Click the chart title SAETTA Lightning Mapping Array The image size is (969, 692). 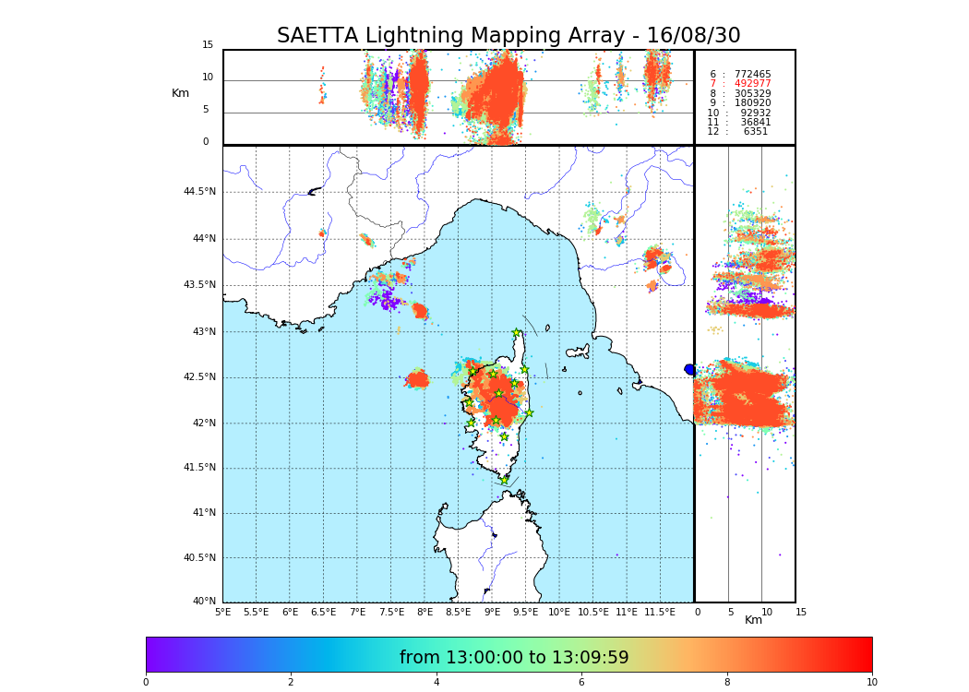point(508,36)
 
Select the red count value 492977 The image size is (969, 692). point(752,84)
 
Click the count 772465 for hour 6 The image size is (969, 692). point(752,75)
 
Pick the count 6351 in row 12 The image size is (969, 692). point(755,132)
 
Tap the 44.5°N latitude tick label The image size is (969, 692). point(198,192)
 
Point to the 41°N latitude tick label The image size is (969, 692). point(201,513)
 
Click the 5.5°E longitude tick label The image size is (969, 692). point(256,612)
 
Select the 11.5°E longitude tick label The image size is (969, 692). point(660,612)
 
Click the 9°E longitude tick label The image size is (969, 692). point(493,612)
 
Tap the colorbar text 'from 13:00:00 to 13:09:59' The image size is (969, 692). point(514,658)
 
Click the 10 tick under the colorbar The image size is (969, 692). point(871,683)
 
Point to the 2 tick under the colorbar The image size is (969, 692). point(291,683)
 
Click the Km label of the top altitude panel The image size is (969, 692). point(180,93)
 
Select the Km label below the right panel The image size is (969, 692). point(754,620)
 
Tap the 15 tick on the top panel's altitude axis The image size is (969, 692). point(208,45)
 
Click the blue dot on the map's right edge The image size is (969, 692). point(689,369)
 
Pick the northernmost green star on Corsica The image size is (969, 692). point(517,333)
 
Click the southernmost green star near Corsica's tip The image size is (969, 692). point(504,480)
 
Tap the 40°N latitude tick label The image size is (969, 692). point(204,602)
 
